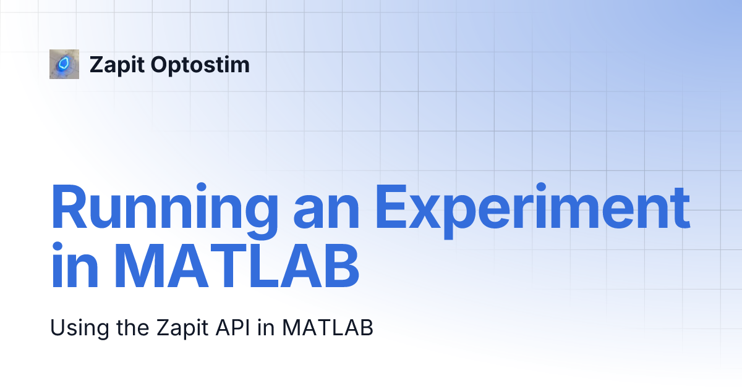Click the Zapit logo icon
click(x=64, y=64)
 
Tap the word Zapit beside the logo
click(x=117, y=65)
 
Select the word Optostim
click(x=200, y=64)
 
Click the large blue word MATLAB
click(x=236, y=266)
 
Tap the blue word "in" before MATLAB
click(x=75, y=265)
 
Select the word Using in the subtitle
click(x=80, y=328)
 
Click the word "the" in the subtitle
click(x=133, y=327)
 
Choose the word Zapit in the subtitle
click(x=182, y=328)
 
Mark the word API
click(x=233, y=327)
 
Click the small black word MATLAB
click(x=328, y=327)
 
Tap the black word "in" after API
click(x=266, y=327)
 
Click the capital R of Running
click(x=69, y=206)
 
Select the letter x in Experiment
click(x=425, y=212)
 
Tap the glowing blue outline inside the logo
click(x=62, y=64)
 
